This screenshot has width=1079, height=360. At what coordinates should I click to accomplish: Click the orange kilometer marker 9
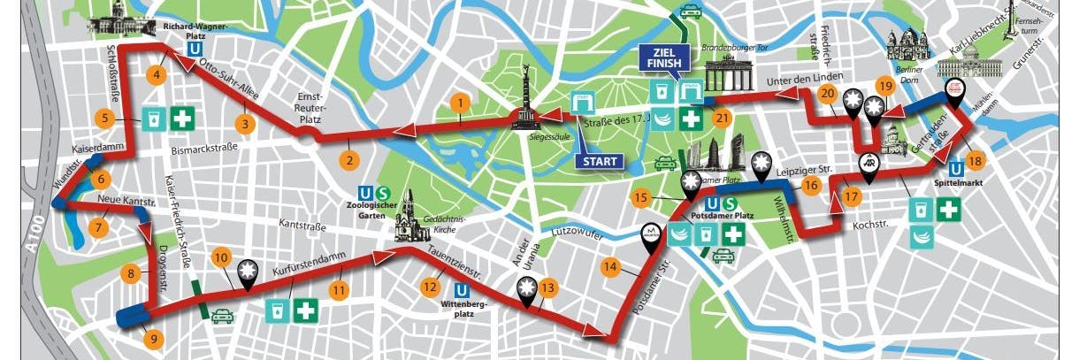[154, 337]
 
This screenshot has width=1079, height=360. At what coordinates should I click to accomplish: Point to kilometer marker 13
[548, 287]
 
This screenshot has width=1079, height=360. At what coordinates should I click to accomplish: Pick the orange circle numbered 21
[722, 119]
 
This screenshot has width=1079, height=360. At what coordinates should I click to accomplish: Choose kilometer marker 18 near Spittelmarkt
[975, 161]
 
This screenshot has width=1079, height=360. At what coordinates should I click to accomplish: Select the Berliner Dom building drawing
[907, 49]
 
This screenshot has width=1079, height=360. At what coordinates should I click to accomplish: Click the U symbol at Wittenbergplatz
[461, 289]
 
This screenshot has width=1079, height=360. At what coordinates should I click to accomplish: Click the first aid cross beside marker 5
[183, 118]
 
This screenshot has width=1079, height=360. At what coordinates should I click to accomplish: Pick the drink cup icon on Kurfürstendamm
[276, 310]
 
